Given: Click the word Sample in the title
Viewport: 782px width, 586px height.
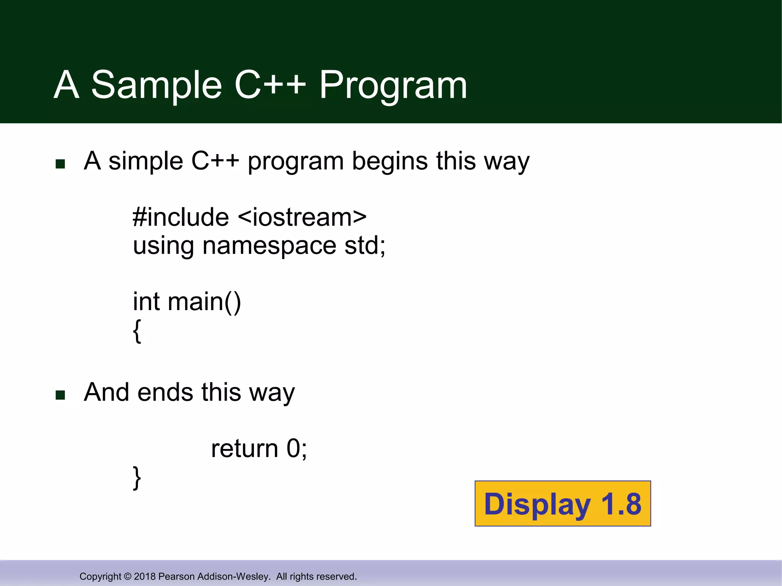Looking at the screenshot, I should pyautogui.click(x=157, y=85).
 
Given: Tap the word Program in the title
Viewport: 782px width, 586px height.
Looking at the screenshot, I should pyautogui.click(x=393, y=85).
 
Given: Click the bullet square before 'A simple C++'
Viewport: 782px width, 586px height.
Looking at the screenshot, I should pyautogui.click(x=60, y=164).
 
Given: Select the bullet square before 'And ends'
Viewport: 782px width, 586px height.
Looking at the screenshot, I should pyautogui.click(x=60, y=395).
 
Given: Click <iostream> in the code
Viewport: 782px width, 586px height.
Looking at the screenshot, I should pyautogui.click(x=302, y=217).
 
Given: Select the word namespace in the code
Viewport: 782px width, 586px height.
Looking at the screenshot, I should pyautogui.click(x=269, y=246).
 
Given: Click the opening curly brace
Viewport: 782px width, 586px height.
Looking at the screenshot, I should pyautogui.click(x=137, y=331).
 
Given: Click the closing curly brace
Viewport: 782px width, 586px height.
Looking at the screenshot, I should pyautogui.click(x=137, y=478).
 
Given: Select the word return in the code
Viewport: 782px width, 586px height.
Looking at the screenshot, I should pyautogui.click(x=244, y=449).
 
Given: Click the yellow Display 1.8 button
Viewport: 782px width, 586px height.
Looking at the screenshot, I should pyautogui.click(x=562, y=504).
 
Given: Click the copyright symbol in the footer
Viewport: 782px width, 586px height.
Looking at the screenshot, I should pyautogui.click(x=128, y=576).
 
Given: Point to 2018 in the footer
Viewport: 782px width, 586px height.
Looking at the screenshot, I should pyautogui.click(x=145, y=576).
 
